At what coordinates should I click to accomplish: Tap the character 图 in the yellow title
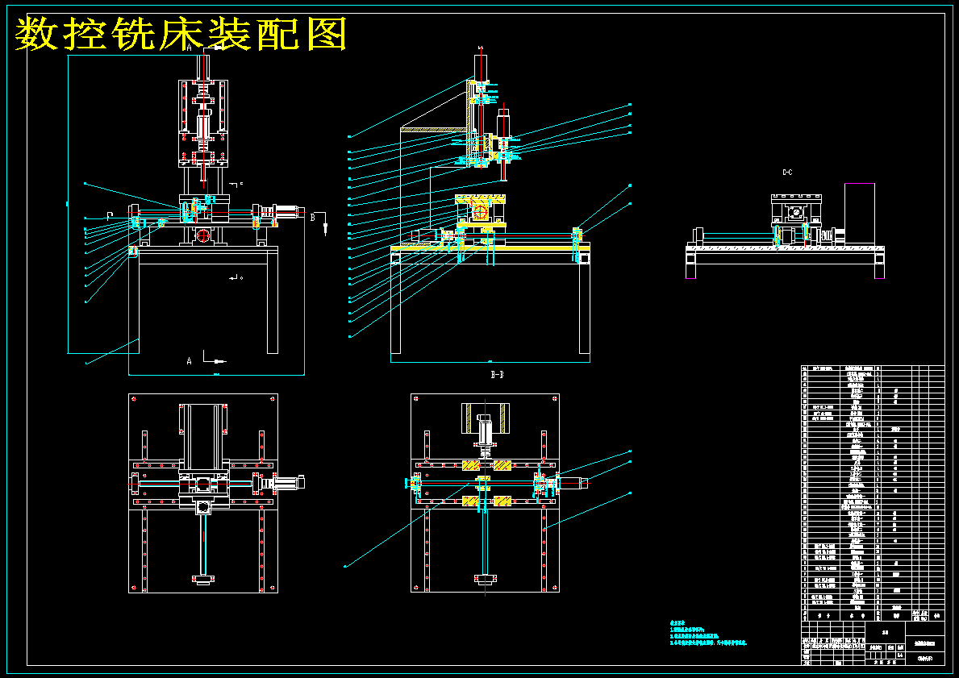[327, 35]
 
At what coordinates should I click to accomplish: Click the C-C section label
[787, 173]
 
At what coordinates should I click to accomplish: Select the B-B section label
[498, 375]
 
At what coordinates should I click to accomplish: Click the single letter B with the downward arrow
[313, 216]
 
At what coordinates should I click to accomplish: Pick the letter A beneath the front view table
[190, 361]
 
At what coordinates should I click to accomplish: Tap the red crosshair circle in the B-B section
[481, 213]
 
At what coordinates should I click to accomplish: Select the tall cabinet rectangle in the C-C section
[860, 214]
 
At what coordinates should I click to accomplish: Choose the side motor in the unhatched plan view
[289, 483]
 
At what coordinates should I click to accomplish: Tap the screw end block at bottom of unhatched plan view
[203, 578]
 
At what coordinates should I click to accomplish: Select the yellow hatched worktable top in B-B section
[481, 199]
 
